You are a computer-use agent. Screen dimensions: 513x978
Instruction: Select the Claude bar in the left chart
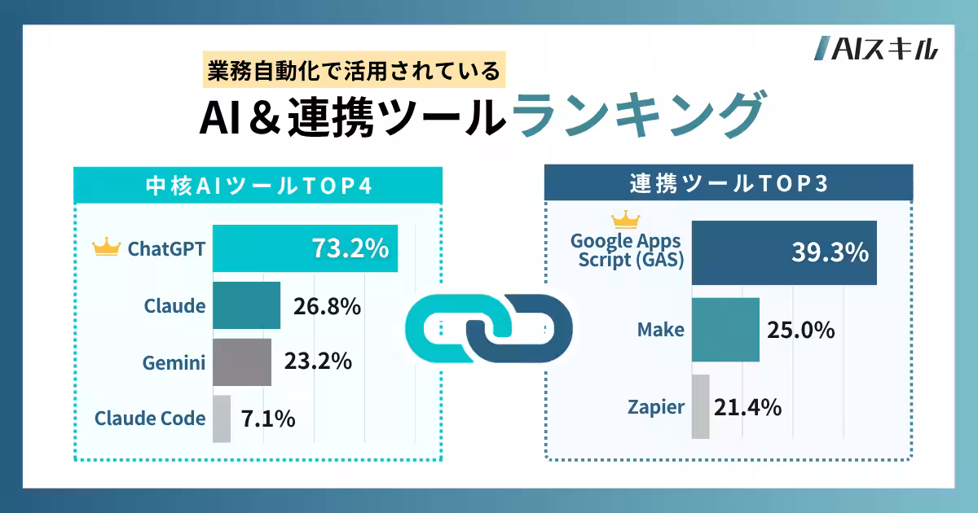pos(246,305)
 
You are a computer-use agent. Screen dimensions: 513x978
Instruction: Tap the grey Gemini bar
pos(242,362)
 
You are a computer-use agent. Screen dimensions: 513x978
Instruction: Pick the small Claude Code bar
pos(222,419)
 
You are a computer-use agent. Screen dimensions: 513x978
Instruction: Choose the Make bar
pos(725,329)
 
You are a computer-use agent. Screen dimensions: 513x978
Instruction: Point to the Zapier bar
pos(700,406)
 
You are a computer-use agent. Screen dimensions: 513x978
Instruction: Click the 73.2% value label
pos(350,248)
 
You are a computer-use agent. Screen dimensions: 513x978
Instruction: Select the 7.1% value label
pos(268,419)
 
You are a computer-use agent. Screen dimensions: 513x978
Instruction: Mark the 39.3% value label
pos(829,253)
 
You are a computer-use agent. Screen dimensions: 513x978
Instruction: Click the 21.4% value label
pos(747,406)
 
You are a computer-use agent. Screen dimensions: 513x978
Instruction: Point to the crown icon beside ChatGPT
pos(107,248)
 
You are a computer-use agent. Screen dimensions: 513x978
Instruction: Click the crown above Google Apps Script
pos(626,219)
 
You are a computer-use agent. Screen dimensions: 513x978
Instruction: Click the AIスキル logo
pos(876,50)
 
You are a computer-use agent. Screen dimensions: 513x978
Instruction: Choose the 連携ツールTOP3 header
pos(729,183)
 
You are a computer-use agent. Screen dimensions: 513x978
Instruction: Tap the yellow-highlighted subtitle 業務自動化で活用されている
pos(352,72)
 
